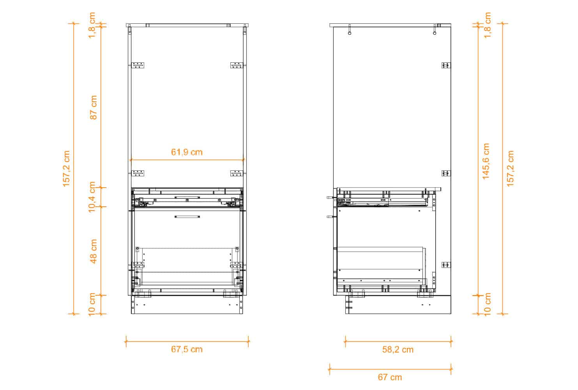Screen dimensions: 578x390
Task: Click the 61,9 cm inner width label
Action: coord(187,152)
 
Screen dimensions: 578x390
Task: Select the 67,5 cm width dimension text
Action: coord(187,349)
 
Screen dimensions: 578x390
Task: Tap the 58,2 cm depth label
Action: coord(398,350)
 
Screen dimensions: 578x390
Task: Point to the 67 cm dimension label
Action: coord(390,378)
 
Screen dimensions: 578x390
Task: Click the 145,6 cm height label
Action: coord(486,161)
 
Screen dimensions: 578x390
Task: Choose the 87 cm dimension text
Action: coord(94,107)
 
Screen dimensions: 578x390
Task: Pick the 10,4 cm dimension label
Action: coord(92,197)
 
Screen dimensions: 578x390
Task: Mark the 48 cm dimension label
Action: coord(94,251)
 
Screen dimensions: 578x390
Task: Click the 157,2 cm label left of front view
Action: coord(66,168)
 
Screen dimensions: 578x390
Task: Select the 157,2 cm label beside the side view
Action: coord(511,168)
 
